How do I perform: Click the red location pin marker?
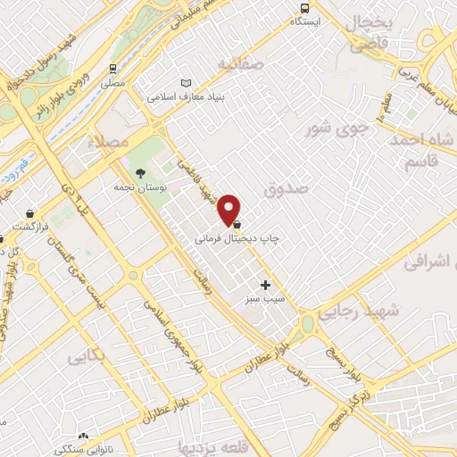coord(229,209)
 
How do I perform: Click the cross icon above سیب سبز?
coord(265,285)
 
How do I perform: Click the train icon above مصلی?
coord(113,68)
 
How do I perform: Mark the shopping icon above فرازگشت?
coord(32,214)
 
